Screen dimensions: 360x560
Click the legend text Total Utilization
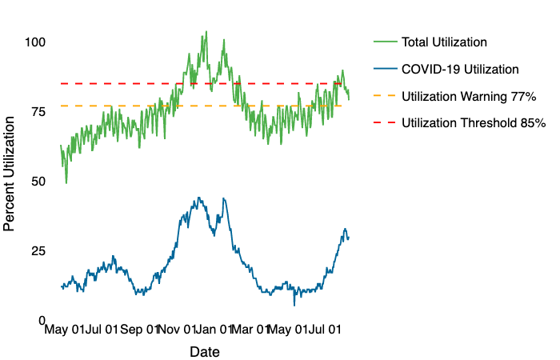(444, 42)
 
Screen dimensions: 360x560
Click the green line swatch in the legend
(383, 42)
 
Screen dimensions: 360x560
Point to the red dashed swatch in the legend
(383, 123)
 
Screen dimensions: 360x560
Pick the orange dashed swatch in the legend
(383, 96)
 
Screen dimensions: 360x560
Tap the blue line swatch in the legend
(383, 70)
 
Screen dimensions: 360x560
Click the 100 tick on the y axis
(35, 42)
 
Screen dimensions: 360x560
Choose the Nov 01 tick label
(178, 328)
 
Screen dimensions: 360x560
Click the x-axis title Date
(205, 351)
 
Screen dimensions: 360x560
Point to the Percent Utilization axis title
(10, 173)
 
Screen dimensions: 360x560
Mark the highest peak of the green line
(206, 32)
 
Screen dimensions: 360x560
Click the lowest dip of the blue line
(294, 305)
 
